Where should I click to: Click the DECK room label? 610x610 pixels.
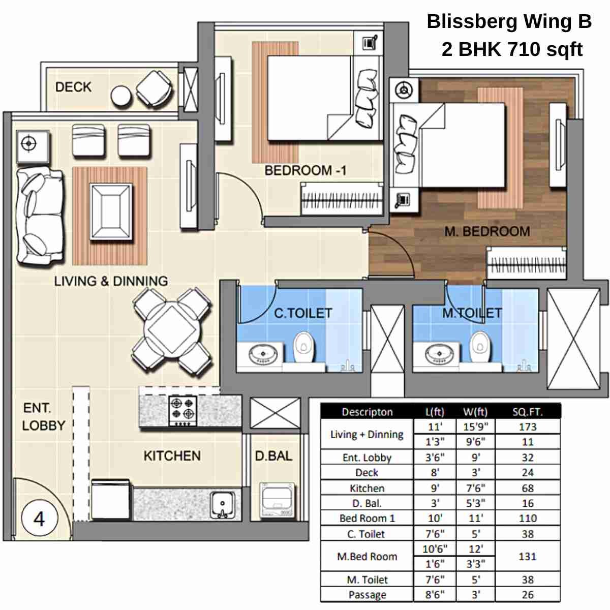[x=73, y=87]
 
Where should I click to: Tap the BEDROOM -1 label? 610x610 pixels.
[x=305, y=170]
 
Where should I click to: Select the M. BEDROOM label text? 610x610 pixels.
[x=487, y=232]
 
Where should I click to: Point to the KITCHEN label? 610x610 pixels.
[x=172, y=455]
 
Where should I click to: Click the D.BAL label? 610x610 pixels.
[x=273, y=455]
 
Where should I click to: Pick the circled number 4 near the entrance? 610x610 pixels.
[x=39, y=518]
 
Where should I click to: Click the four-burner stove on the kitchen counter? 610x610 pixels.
[x=183, y=410]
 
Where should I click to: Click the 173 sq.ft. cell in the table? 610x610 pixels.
[x=528, y=427]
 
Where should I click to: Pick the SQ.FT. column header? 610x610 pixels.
[x=528, y=412]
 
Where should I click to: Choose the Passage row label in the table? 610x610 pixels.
[x=367, y=595]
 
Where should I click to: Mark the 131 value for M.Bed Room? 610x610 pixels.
[x=528, y=557]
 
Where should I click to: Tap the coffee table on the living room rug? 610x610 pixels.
[x=110, y=211]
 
